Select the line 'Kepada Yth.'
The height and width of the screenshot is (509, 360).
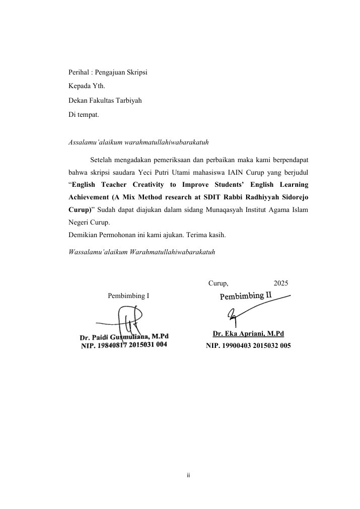coord(87,87)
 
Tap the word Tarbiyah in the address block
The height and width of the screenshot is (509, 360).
coord(128,101)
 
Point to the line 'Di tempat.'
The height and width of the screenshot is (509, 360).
coord(84,115)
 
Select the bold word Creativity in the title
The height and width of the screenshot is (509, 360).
coord(159,185)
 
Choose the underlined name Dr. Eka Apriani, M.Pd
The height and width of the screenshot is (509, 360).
coord(248,334)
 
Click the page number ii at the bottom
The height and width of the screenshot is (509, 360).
coord(188,475)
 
